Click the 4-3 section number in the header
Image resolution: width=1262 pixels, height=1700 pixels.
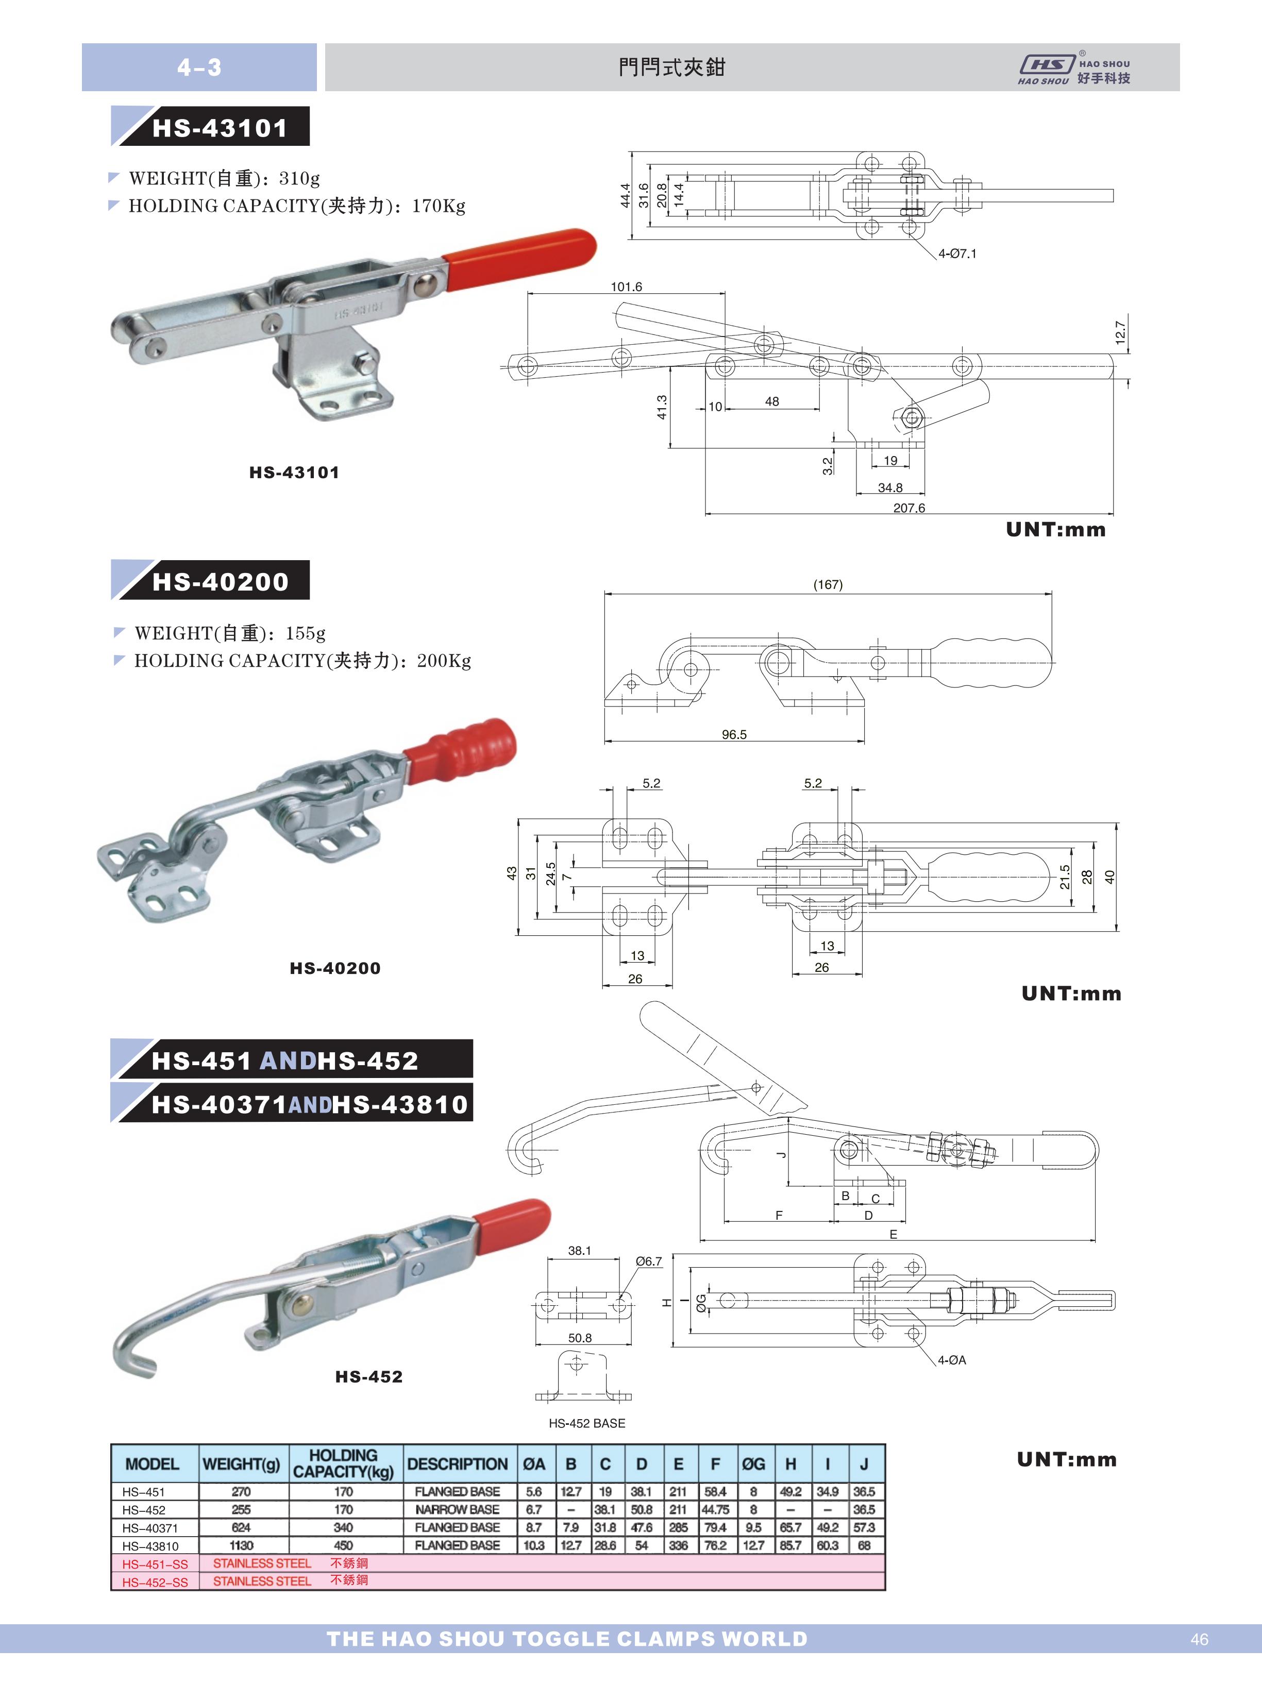click(x=199, y=67)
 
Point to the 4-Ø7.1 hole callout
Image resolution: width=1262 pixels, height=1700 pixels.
click(x=957, y=254)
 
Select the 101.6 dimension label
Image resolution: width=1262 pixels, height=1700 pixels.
click(x=627, y=287)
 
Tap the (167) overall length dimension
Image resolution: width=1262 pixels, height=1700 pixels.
click(x=827, y=585)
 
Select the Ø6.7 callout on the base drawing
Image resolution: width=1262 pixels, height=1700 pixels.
click(x=649, y=1261)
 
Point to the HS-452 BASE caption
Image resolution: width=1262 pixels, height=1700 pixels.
click(x=587, y=1423)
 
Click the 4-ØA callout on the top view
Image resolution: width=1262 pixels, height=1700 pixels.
click(x=952, y=1360)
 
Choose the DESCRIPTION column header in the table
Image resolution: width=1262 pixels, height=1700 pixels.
click(x=457, y=1464)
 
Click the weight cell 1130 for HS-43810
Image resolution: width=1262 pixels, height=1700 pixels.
click(x=241, y=1545)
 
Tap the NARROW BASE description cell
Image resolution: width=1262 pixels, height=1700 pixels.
click(x=457, y=1509)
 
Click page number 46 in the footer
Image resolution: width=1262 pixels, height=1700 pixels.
click(x=1199, y=1639)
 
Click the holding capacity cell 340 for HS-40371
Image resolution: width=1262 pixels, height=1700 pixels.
click(x=343, y=1527)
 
